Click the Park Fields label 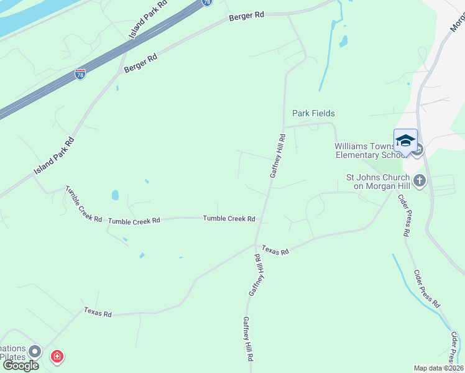pyautogui.click(x=313, y=113)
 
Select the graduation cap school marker pyautogui.click(x=405, y=140)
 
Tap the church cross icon pyautogui.click(x=420, y=181)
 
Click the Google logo pyautogui.click(x=21, y=366)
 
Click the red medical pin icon pyautogui.click(x=57, y=356)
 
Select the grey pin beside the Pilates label pyautogui.click(x=35, y=352)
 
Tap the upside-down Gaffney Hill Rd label pyautogui.click(x=254, y=274)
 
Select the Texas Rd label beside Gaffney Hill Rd pyautogui.click(x=275, y=251)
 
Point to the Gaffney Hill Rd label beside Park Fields pyautogui.click(x=277, y=156)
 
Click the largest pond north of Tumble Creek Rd pyautogui.click(x=115, y=195)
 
